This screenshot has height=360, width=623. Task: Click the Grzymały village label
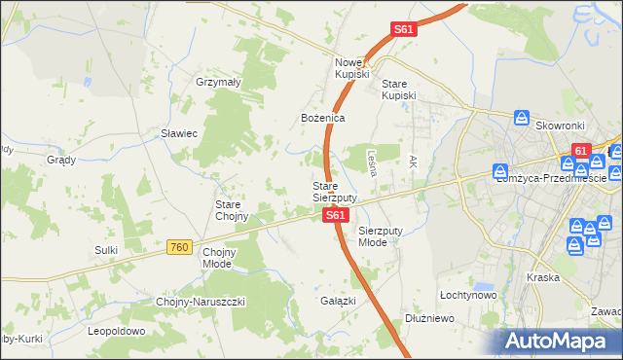coord(218,83)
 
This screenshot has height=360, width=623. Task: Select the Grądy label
coord(60,160)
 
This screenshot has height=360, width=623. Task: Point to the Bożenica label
coord(322,118)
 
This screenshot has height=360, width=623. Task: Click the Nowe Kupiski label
coord(351,67)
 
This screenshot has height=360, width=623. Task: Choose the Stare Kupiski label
coord(398,90)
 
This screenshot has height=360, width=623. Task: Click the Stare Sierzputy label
coord(334,192)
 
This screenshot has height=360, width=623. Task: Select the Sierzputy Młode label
coord(379,236)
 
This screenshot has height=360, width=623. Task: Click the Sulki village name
coord(106,250)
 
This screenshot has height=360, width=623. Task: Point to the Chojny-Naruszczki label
coord(201,302)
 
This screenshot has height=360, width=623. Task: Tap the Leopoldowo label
coord(116,331)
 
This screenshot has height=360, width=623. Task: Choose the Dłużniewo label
coord(429,317)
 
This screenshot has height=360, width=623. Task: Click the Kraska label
coord(542,277)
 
